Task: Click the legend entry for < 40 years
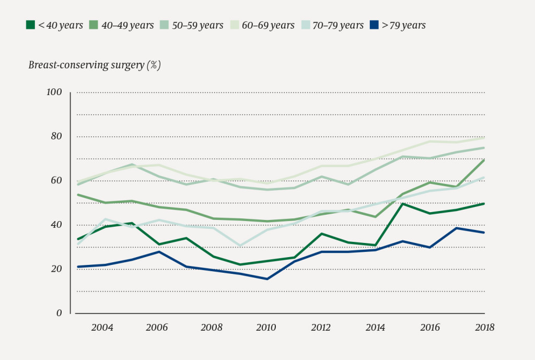tap(54, 25)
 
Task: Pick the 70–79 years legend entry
tap(331, 25)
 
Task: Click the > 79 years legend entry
tap(398, 25)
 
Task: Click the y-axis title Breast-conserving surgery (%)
tap(94, 65)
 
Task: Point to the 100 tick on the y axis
tap(54, 92)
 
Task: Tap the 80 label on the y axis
tap(56, 136)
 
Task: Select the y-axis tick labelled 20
tap(56, 269)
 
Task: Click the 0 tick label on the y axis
tap(59, 313)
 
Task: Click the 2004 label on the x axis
tap(102, 328)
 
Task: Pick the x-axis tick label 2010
tap(266, 328)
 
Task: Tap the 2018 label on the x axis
tap(484, 328)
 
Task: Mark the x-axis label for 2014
tap(376, 328)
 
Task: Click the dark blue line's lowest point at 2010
tap(267, 279)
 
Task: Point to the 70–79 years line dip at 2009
tap(240, 246)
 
